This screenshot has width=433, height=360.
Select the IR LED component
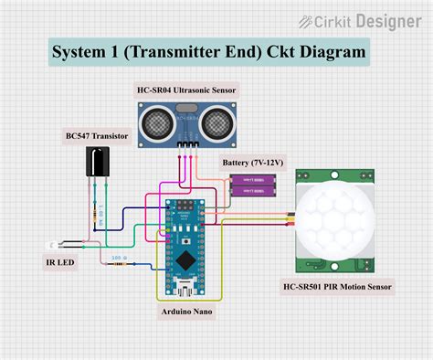click(x=54, y=246)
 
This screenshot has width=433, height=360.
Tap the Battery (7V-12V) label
click(x=253, y=163)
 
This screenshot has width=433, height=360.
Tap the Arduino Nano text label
click(x=187, y=312)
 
